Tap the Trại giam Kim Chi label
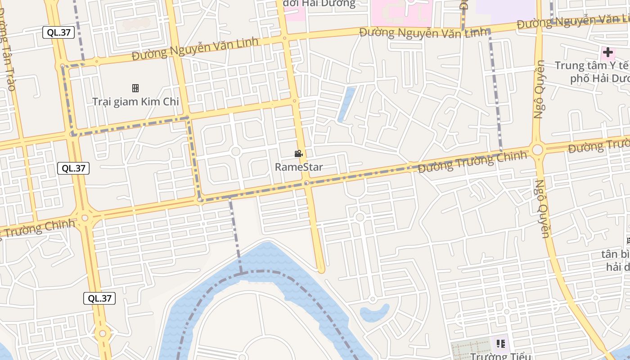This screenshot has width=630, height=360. point(135,101)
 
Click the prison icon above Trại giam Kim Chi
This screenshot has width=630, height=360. point(135,88)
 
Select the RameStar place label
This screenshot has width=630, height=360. point(299,167)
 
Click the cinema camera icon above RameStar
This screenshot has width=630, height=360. point(298,154)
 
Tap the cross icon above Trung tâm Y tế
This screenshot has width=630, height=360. point(608,52)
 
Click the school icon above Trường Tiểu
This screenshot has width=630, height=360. point(501,344)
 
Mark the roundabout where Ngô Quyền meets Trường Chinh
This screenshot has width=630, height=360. point(537,150)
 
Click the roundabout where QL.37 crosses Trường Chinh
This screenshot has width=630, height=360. point(85,218)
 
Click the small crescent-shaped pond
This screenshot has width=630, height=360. point(375,313)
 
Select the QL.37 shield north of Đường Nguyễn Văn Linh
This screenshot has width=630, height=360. point(58,32)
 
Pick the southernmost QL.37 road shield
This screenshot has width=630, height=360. point(99,298)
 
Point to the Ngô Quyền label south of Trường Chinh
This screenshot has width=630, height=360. point(542,209)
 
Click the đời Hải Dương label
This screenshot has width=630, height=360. point(319,4)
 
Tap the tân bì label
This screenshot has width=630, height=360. point(616,254)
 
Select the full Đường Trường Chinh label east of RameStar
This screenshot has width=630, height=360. point(472,162)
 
